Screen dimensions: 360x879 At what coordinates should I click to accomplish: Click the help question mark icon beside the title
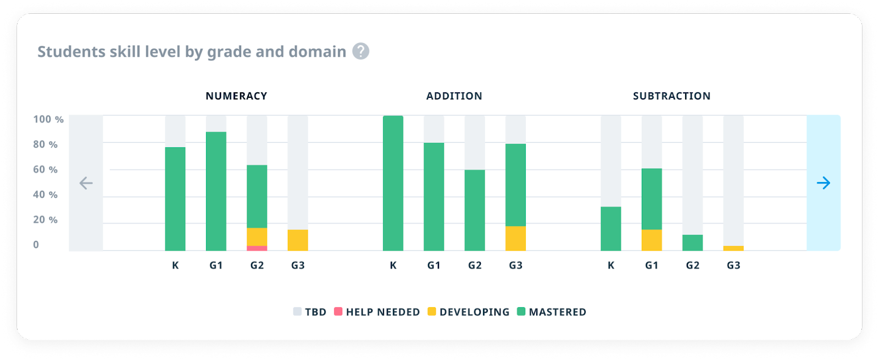pos(360,51)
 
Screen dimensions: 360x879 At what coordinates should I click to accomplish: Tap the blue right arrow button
pos(823,183)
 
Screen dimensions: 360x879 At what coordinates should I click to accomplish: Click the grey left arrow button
pos(86,183)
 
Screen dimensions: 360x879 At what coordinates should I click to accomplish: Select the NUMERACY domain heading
pos(236,96)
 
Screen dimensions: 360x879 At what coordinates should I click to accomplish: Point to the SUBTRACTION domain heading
pos(671,96)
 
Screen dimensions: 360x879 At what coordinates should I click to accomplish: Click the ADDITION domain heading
pos(454,96)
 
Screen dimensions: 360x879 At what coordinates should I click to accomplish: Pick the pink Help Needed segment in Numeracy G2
pos(257,248)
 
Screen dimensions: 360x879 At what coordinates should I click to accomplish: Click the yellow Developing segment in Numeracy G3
pos(298,240)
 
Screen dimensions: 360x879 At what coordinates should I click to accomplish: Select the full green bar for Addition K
pos(393,183)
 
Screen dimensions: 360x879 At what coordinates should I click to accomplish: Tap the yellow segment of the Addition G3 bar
pos(515,239)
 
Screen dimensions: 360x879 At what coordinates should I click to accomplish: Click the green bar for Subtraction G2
pos(692,243)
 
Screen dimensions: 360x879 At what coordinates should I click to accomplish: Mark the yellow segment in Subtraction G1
pos(652,240)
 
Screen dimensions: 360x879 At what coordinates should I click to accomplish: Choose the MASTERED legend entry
pos(552,312)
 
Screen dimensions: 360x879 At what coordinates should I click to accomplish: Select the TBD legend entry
pos(310,312)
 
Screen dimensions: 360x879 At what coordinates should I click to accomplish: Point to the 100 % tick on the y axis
pos(48,119)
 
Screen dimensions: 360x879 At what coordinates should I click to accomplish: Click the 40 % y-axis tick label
pos(45,195)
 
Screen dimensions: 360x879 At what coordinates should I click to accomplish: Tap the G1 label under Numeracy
pos(216,265)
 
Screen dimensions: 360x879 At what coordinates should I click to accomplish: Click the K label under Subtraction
pos(611,265)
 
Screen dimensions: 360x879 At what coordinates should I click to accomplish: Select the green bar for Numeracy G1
pos(216,191)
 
